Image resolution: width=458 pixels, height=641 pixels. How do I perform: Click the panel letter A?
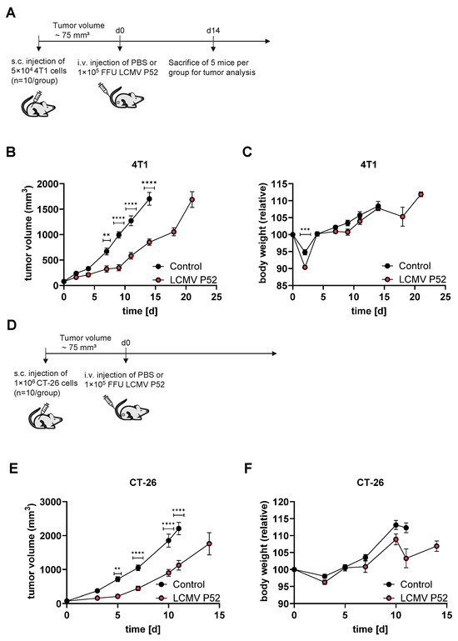coord(11,13)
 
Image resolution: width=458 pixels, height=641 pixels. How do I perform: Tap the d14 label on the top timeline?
coord(213,31)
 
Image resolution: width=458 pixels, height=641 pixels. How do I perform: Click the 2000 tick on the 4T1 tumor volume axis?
coord(47,184)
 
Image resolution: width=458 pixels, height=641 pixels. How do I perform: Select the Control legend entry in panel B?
coord(177,267)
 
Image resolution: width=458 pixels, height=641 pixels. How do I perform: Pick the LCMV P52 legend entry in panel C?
coord(415,279)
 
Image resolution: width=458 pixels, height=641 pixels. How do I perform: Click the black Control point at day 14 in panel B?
coord(149,199)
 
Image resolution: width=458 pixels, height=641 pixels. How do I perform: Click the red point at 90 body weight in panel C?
coord(305,267)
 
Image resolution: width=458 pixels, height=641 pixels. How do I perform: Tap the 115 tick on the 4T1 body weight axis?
coord(280,184)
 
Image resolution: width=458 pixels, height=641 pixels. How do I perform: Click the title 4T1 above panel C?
coord(369,165)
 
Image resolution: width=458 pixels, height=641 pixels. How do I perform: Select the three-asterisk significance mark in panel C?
coord(306,229)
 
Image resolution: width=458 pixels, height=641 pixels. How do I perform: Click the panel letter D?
coord(12,325)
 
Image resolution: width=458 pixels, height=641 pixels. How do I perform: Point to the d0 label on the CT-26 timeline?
coord(126,343)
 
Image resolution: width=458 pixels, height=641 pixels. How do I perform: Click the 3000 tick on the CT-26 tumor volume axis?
coord(51,502)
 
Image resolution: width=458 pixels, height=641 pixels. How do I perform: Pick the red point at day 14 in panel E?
coord(209,543)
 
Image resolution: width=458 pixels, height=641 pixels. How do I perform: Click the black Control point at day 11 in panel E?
coord(178,528)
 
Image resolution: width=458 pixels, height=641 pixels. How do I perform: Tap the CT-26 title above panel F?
coord(371,483)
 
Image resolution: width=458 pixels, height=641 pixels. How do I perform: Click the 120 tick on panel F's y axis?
coord(281,502)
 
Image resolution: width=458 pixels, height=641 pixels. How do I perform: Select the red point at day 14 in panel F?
coord(436,546)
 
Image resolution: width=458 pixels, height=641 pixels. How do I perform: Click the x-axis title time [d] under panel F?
coord(371,629)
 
